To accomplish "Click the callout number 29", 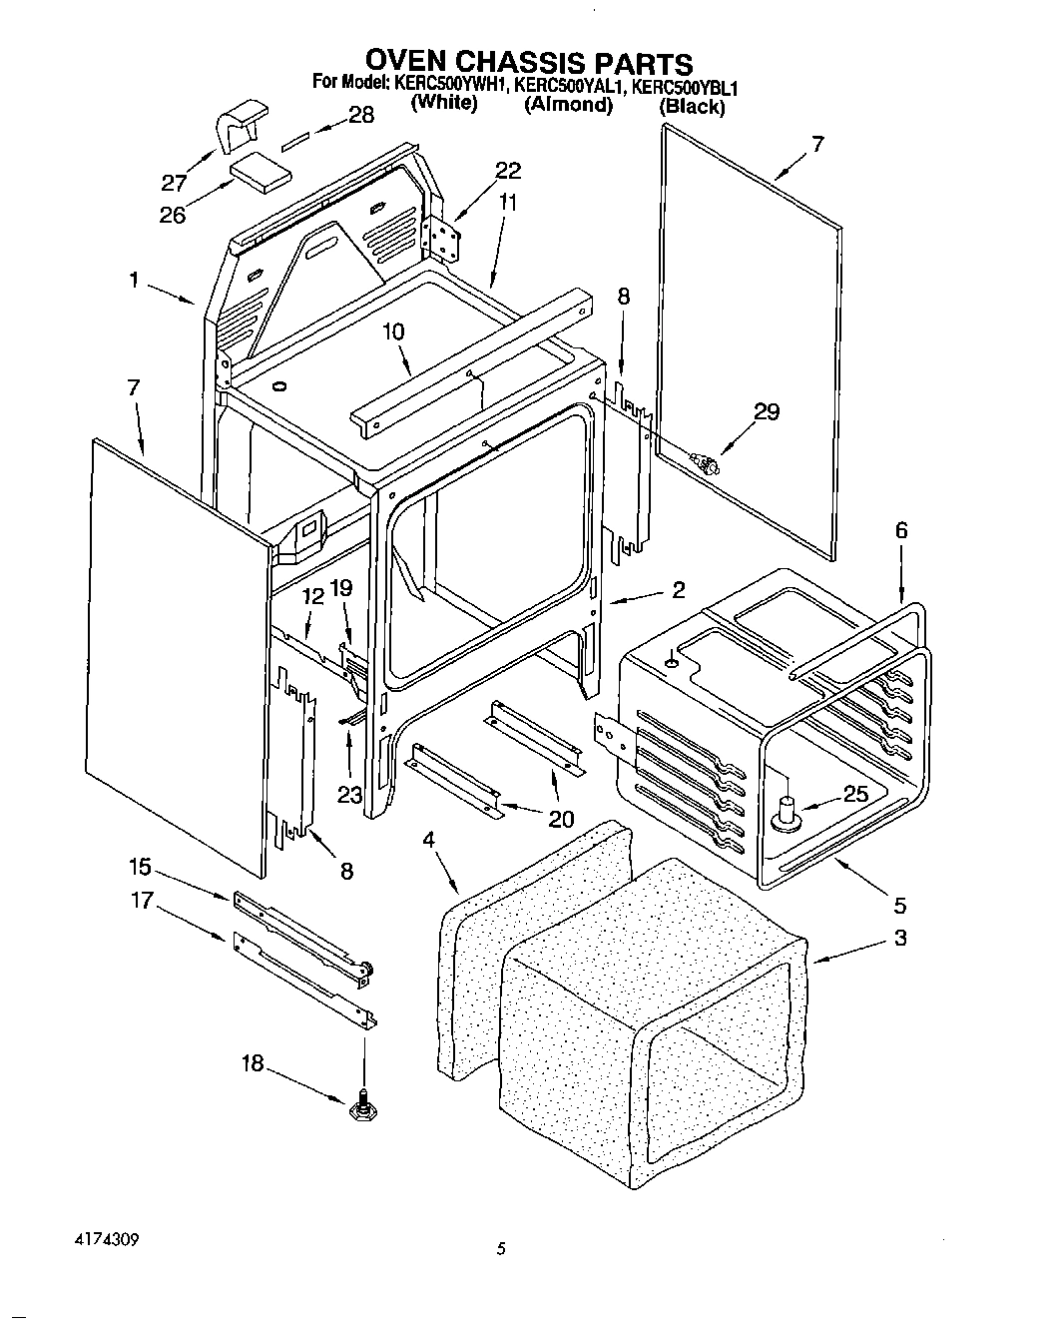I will coord(767,412).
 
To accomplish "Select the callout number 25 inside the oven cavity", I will coord(855,795).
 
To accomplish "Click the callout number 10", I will coord(393,331).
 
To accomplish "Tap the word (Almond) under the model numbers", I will coord(568,105).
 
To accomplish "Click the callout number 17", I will coord(141,901).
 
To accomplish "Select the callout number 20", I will coord(560,819).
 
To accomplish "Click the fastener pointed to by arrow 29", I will coord(707,461).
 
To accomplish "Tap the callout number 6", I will coord(901,531).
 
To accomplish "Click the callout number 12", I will coord(313,596).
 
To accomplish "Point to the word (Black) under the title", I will coord(692,106).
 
